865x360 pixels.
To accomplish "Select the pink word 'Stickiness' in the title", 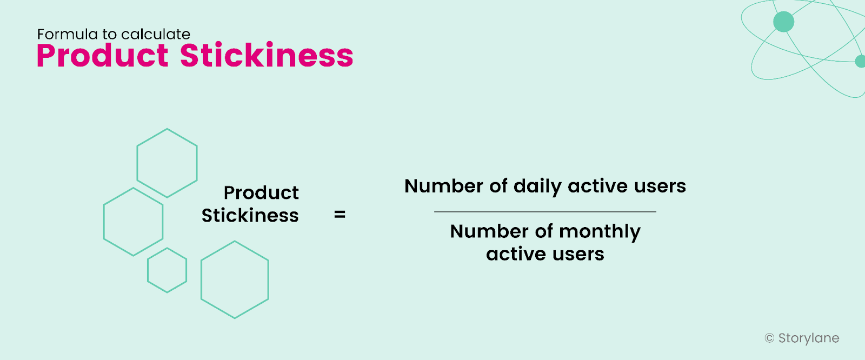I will [x=267, y=56].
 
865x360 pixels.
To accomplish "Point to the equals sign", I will [x=340, y=215].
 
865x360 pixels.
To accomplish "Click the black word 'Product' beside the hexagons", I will [x=261, y=193].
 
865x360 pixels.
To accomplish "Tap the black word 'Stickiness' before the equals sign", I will [x=250, y=216].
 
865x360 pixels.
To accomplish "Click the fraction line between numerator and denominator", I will [x=545, y=212].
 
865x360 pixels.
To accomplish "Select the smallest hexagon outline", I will [x=167, y=270].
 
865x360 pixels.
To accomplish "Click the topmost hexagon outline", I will [x=167, y=163].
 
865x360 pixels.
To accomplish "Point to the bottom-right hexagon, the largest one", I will [x=235, y=279].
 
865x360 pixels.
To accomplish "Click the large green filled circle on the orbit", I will [x=784, y=22].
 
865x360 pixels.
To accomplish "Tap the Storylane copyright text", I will [x=808, y=338].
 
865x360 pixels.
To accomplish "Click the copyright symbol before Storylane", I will [x=770, y=338].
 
